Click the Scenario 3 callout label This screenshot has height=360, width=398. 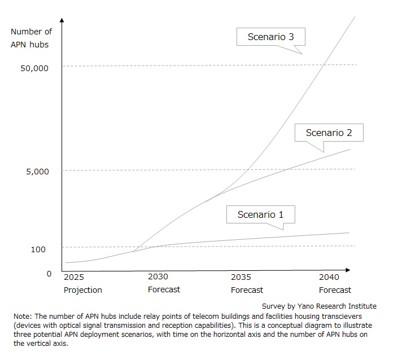[270, 38]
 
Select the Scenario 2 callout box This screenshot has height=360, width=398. [329, 133]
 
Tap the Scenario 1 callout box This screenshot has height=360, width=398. [260, 214]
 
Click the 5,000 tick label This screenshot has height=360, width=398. [38, 171]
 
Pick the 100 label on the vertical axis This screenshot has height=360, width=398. [38, 249]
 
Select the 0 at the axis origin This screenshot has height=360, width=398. [49, 274]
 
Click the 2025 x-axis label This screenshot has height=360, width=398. [73, 277]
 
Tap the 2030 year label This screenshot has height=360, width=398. [158, 277]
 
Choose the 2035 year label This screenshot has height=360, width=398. [241, 277]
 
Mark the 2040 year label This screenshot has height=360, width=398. [329, 277]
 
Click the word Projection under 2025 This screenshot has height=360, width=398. [82, 290]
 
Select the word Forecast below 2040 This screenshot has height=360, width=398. [335, 290]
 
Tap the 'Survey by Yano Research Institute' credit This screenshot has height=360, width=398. [319, 306]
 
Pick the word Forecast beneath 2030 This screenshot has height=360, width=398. [164, 290]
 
